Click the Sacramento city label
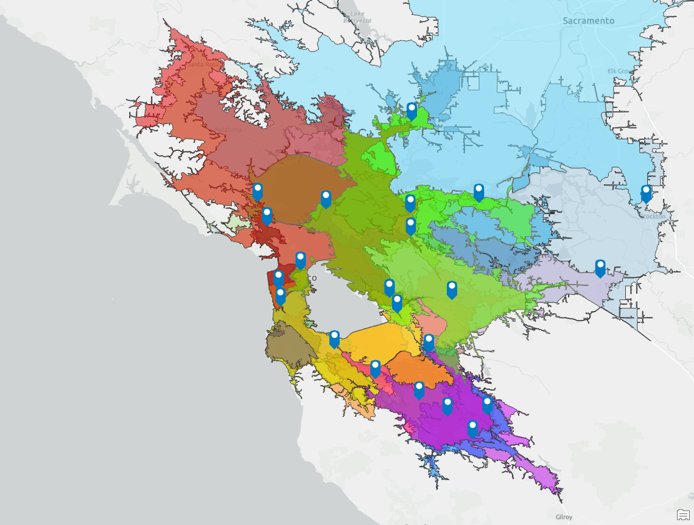click(x=588, y=21)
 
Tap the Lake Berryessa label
click(x=357, y=17)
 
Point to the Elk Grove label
click(x=620, y=71)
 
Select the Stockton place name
click(x=653, y=216)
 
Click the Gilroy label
click(x=564, y=516)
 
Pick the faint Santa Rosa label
click(x=203, y=64)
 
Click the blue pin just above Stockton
click(x=646, y=193)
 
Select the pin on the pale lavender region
click(x=600, y=268)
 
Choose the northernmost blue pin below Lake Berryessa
click(x=412, y=111)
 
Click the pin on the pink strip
click(x=376, y=368)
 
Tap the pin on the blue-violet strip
click(x=487, y=404)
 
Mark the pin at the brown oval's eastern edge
click(x=326, y=198)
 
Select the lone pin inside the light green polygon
click(x=452, y=290)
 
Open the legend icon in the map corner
click(x=683, y=515)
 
